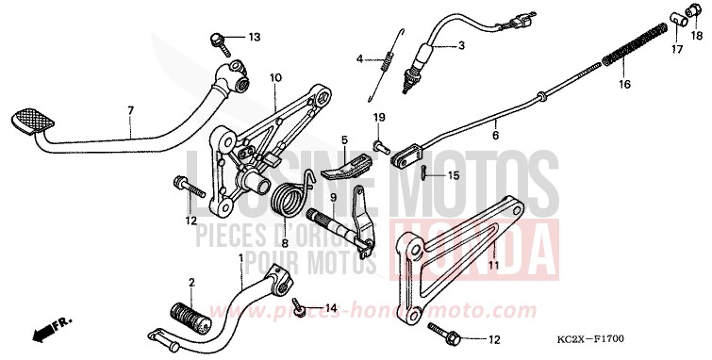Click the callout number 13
click(254, 37)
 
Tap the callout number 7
click(131, 110)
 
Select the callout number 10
click(276, 77)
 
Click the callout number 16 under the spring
click(623, 84)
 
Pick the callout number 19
click(378, 117)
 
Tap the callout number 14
click(330, 308)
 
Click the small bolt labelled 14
click(300, 307)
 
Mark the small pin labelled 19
click(379, 146)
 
